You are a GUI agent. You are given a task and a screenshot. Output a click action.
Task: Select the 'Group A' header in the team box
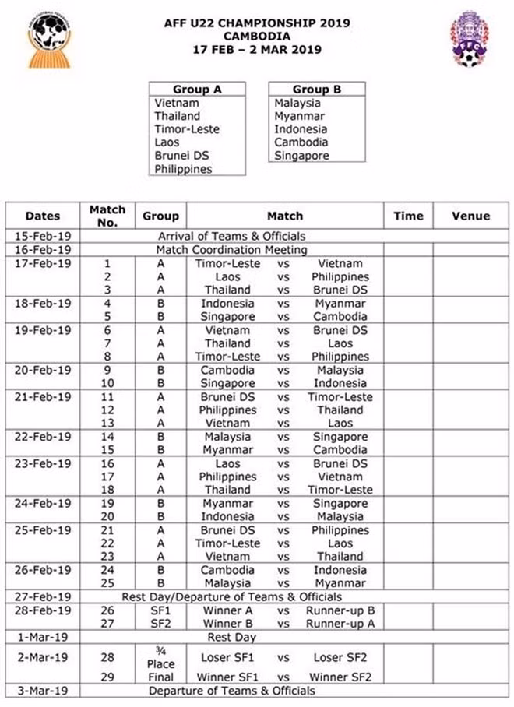tap(196, 90)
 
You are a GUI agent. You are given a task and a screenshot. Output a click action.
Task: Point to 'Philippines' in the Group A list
tap(183, 169)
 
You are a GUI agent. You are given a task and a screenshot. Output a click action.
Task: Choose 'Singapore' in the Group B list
tap(301, 156)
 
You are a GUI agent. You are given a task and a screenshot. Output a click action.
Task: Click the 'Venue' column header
tap(470, 216)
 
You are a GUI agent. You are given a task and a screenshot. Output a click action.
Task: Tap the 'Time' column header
tap(407, 216)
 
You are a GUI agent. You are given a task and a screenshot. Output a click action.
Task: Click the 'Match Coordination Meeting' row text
tap(231, 250)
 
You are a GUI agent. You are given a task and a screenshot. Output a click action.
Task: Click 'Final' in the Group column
tap(160, 677)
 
